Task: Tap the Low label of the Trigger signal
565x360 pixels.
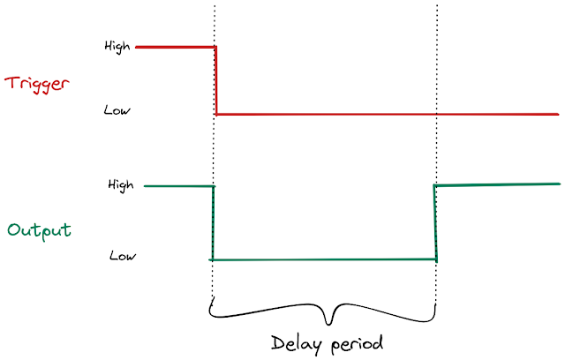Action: click(x=117, y=111)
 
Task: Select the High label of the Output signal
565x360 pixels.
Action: click(x=121, y=185)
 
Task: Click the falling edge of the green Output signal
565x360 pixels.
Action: click(x=213, y=222)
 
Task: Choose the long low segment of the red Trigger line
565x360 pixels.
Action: click(x=388, y=114)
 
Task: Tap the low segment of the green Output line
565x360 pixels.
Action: click(x=324, y=259)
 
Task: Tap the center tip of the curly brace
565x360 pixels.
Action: click(x=330, y=322)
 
